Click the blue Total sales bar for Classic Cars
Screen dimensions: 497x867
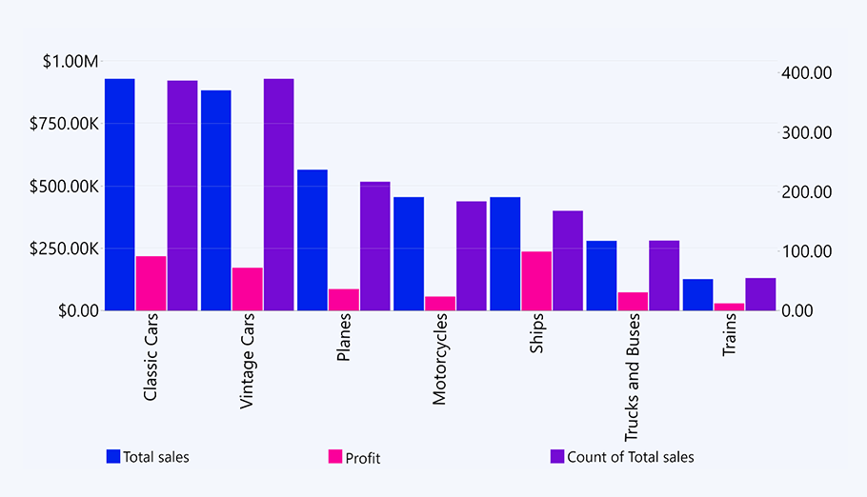tap(120, 194)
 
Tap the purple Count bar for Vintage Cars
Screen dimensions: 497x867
tap(279, 194)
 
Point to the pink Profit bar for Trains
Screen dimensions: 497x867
tap(729, 307)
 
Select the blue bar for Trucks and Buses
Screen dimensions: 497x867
tap(601, 275)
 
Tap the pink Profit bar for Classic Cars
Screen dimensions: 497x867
tap(151, 283)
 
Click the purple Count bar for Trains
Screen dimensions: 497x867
tap(760, 294)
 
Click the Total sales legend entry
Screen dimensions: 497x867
tap(148, 457)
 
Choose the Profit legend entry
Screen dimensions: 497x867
tap(354, 458)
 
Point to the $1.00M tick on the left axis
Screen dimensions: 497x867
tap(71, 62)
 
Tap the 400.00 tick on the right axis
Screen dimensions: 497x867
tap(807, 72)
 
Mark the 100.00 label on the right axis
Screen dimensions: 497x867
tap(807, 251)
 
